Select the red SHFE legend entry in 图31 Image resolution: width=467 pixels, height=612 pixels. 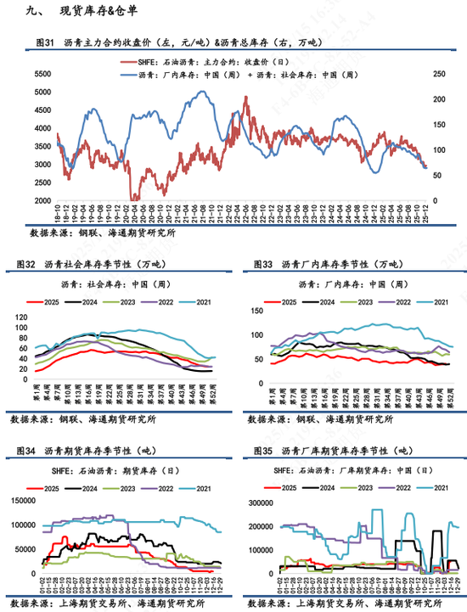pos(195,62)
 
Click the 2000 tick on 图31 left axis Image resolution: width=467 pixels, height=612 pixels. pos(40,201)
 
